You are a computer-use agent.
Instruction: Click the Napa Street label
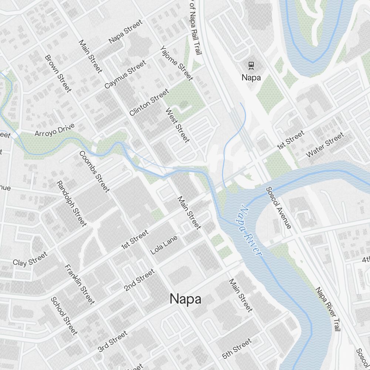pyautogui.click(x=125, y=32)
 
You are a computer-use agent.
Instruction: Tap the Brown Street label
pyautogui.click(x=58, y=73)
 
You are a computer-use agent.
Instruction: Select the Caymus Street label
pyautogui.click(x=125, y=74)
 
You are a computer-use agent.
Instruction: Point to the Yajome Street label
pyautogui.click(x=176, y=63)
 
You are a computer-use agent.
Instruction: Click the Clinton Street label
pyautogui.click(x=149, y=102)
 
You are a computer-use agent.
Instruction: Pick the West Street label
pyautogui.click(x=178, y=125)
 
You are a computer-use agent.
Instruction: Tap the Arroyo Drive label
pyautogui.click(x=54, y=129)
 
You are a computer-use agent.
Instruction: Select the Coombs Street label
pyautogui.click(x=94, y=172)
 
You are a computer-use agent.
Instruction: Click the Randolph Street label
pyautogui.click(x=71, y=203)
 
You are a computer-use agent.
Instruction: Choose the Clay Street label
pyautogui.click(x=30, y=259)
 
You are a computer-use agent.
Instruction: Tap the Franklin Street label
pyautogui.click(x=80, y=284)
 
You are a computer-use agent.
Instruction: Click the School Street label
pyautogui.click(x=64, y=316)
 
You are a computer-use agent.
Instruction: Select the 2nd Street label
pyautogui.click(x=139, y=280)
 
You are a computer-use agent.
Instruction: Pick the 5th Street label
pyautogui.click(x=237, y=348)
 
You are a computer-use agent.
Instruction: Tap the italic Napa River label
pyautogui.click(x=250, y=230)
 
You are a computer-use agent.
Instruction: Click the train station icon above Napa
pyautogui.click(x=251, y=66)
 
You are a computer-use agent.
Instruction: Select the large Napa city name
pyautogui.click(x=185, y=299)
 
